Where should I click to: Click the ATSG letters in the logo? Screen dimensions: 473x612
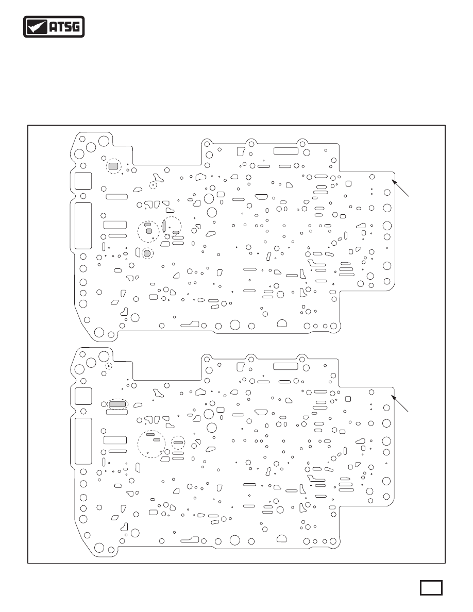point(65,27)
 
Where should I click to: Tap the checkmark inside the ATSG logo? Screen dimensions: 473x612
point(37,27)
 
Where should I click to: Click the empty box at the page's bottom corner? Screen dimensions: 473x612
point(431,587)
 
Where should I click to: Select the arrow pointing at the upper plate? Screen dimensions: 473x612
point(401,188)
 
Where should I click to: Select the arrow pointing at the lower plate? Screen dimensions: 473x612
point(400,403)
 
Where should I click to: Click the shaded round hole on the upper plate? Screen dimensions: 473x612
point(147,253)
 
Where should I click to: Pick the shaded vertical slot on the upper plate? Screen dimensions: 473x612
point(165,226)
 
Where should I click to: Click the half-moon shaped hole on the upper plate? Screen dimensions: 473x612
point(282,324)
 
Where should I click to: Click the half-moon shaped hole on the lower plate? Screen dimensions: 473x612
point(282,539)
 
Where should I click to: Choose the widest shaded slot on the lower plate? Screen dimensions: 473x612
point(117,404)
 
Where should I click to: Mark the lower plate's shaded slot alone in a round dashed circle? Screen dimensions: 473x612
point(178,443)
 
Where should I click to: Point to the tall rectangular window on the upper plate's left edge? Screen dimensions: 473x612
point(83,226)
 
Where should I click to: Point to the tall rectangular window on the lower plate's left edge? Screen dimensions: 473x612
point(83,441)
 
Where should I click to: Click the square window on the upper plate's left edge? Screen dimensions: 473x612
point(83,181)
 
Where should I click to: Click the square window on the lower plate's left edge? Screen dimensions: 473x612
point(83,396)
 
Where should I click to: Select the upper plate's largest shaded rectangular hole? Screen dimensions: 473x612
point(113,166)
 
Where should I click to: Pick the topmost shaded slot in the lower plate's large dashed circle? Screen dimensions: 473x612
point(150,434)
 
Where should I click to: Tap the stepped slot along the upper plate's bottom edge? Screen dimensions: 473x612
point(190,325)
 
